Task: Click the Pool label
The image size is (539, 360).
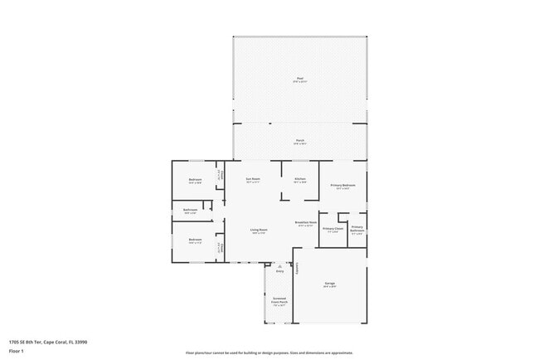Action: (x=300, y=79)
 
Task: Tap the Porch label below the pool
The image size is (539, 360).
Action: (x=300, y=140)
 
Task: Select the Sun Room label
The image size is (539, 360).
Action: (x=253, y=179)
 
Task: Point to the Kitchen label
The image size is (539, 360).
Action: (x=300, y=179)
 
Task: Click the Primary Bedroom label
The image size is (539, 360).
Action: (x=343, y=185)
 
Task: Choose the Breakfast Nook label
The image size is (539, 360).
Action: (x=305, y=222)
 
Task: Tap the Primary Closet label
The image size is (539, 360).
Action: (x=333, y=228)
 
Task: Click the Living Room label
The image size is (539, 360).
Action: (x=259, y=230)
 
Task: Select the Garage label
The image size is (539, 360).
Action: (x=329, y=284)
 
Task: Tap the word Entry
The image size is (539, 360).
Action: (x=279, y=271)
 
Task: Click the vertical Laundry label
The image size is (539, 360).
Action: (x=298, y=267)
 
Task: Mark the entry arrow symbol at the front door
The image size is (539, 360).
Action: (x=279, y=265)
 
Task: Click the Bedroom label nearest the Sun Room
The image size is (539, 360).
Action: (x=196, y=180)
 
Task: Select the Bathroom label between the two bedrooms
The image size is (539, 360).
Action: (x=191, y=210)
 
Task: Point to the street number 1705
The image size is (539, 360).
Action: (x=14, y=342)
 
